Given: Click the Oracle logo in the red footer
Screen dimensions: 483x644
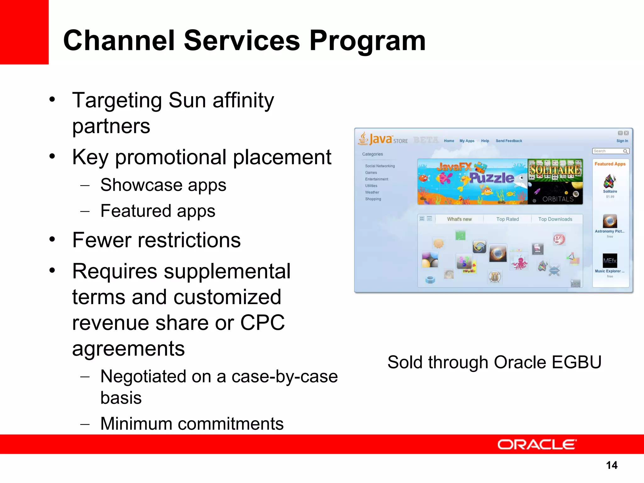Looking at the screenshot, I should (537, 444).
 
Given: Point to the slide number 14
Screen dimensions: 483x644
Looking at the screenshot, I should (612, 465).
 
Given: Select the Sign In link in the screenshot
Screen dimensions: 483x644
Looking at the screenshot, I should (622, 141).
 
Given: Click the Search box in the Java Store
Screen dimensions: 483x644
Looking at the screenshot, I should (608, 151).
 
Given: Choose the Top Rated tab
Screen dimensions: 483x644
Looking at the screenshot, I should (508, 219).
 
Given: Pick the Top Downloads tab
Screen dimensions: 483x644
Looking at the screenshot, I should (555, 219).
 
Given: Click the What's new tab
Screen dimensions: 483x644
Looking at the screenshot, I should (459, 219).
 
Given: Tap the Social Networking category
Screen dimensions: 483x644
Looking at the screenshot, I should (380, 166).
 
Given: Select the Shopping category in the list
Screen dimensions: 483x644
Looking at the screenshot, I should (373, 199).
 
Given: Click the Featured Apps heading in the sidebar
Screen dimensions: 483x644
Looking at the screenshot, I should (610, 164).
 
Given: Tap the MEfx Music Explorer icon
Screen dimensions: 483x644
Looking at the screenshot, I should (610, 261).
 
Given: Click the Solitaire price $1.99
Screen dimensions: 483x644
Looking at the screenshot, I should (610, 197).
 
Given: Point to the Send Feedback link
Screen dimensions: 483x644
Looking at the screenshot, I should (509, 141).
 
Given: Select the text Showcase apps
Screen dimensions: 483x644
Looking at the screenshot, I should (163, 185).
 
